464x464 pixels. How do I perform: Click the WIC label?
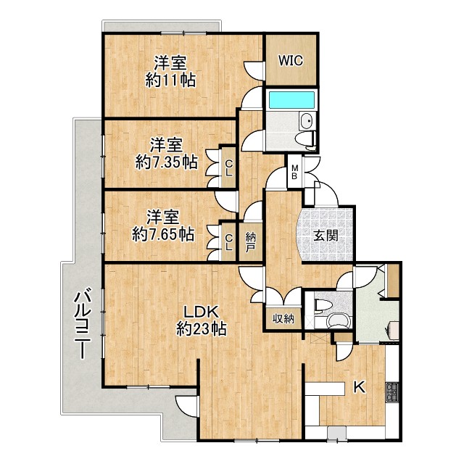(x=291, y=60)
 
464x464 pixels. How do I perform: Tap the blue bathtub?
(x=291, y=101)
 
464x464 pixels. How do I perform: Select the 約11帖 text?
(x=170, y=80)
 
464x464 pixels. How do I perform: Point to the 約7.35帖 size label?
(x=167, y=162)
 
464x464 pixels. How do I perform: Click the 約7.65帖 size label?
(x=163, y=234)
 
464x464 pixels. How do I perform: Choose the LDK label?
(x=202, y=312)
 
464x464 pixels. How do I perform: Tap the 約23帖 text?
(x=202, y=328)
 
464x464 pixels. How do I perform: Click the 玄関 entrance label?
(x=326, y=236)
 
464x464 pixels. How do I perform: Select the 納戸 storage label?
(x=251, y=242)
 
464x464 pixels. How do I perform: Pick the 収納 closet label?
(x=283, y=319)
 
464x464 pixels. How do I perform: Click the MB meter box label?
(x=295, y=173)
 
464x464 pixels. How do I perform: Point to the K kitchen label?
(x=360, y=387)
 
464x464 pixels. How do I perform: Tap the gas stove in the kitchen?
(x=392, y=392)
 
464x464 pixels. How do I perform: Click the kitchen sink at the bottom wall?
(x=337, y=434)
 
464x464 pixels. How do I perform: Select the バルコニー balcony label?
(x=83, y=325)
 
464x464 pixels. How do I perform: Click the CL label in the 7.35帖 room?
(x=228, y=167)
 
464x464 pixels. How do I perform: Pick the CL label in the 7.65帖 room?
(x=228, y=242)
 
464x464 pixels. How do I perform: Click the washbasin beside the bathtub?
(x=307, y=121)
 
